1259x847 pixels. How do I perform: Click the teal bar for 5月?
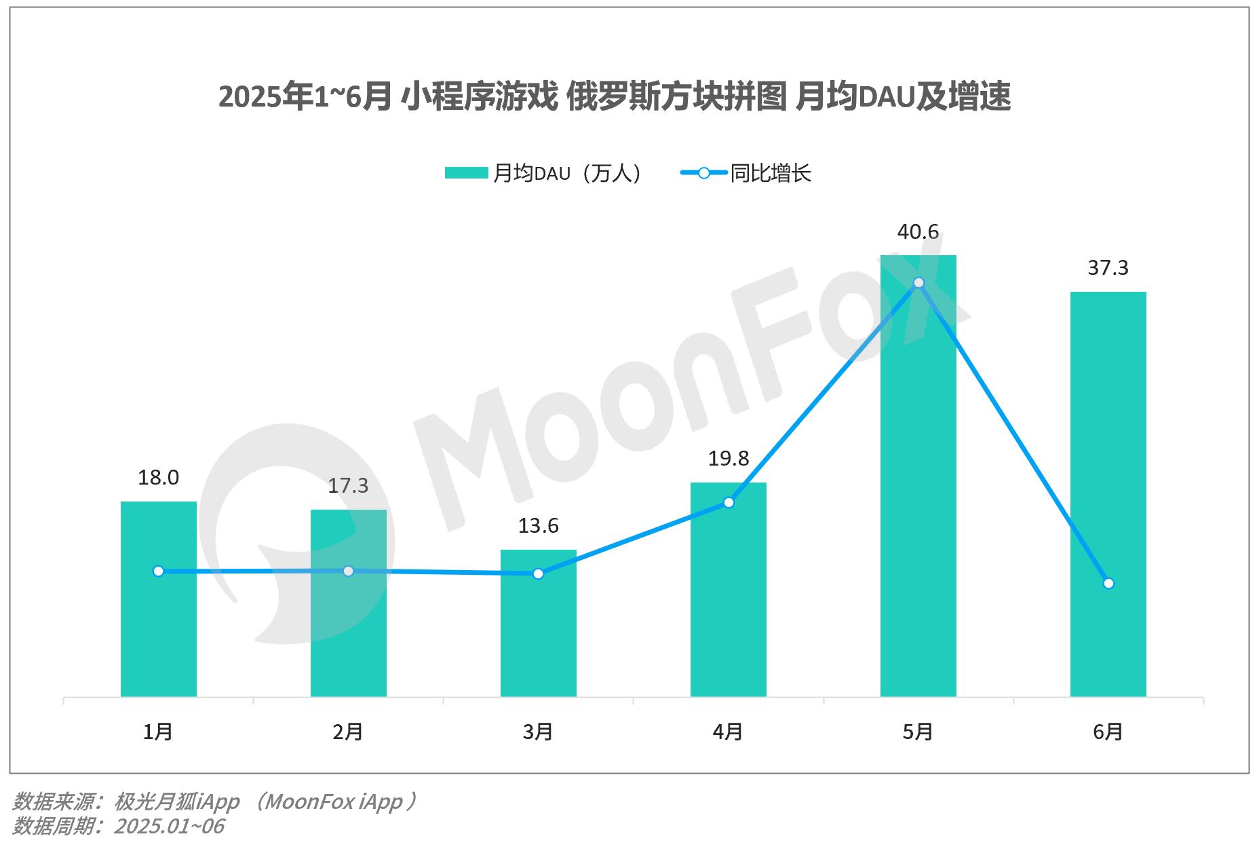[918, 475]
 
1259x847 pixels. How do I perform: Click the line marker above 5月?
[918, 282]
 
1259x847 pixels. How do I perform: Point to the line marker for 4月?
[729, 502]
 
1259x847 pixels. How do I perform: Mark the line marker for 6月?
[1108, 583]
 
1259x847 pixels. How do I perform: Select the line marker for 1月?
[158, 571]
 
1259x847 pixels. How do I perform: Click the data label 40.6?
[918, 232]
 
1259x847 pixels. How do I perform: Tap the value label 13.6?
[538, 526]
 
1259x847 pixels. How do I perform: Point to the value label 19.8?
[729, 459]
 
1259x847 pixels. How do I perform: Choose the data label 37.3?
[1108, 268]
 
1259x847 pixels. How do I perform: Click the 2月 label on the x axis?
[348, 732]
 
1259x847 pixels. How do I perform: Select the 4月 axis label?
[728, 732]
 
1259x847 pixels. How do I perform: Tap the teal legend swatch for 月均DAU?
[466, 173]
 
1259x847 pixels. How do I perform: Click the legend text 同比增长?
[771, 173]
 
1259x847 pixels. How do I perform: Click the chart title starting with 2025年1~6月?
[615, 96]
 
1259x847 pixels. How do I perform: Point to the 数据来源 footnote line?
[214, 802]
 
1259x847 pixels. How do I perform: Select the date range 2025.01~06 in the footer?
[169, 826]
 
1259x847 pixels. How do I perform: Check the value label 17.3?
[348, 486]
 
